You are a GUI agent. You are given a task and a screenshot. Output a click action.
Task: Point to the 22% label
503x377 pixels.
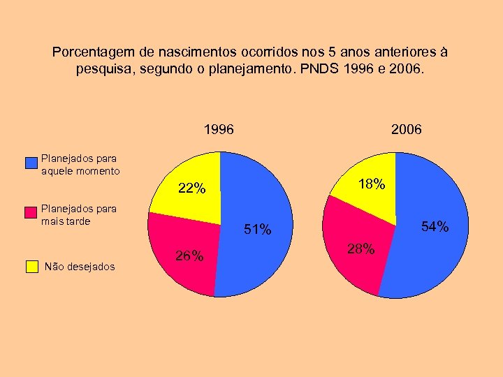coord(191,188)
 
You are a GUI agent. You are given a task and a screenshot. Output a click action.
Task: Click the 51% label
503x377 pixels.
coord(257,230)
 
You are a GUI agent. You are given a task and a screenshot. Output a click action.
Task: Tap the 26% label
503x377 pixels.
coord(189,256)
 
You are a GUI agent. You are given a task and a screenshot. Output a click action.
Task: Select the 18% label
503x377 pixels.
coord(371,185)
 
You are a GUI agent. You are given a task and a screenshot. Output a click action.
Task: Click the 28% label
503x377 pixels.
coord(360,250)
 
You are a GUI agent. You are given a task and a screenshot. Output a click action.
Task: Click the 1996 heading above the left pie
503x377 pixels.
coord(219,130)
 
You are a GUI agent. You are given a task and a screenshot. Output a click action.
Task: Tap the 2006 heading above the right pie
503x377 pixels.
coord(406,130)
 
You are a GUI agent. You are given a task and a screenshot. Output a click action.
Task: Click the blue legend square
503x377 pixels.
coord(31,163)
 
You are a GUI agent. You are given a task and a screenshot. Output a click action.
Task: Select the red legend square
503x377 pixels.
coord(31,213)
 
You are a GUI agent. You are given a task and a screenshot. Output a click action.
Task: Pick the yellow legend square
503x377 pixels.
coord(31,266)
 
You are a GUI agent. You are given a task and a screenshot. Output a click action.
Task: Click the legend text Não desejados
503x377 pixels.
coord(79,266)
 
